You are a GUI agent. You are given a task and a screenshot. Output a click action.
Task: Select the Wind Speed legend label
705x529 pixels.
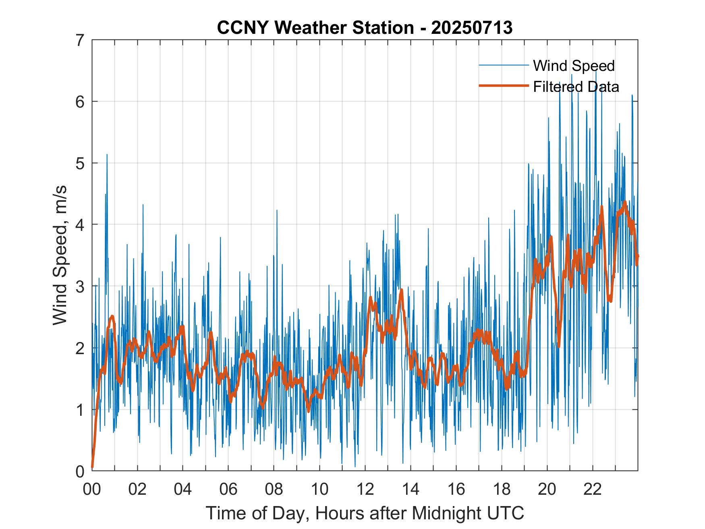574,66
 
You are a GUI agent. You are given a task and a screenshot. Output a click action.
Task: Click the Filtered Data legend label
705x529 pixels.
576,87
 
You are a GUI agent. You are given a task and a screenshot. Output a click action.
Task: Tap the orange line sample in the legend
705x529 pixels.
503,86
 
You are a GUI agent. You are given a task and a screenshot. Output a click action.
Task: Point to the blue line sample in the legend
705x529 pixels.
503,65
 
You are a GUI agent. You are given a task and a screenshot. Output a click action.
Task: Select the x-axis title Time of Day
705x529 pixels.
365,513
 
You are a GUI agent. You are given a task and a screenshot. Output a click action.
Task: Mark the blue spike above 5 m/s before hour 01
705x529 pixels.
107,155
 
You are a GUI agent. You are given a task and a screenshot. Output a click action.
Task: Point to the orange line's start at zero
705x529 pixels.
92,467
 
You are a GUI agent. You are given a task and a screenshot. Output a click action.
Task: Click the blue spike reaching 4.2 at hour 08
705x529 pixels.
277,211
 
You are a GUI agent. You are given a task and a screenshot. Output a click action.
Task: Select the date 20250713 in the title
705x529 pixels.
471,28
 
